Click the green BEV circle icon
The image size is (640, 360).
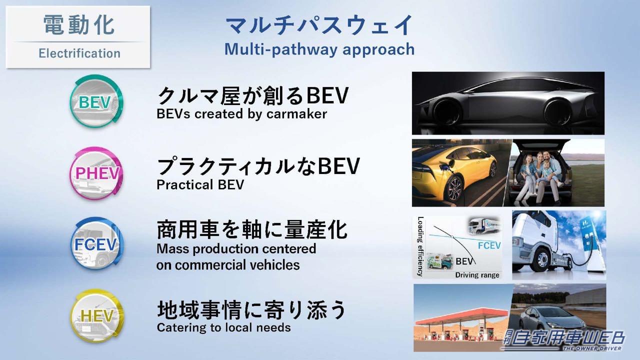tap(95, 102)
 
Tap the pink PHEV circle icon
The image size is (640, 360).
tap(96, 172)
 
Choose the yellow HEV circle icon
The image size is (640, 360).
tap(96, 315)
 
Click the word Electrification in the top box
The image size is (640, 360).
tap(79, 53)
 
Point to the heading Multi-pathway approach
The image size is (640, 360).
tap(319, 49)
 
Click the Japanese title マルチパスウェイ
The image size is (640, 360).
tap(319, 25)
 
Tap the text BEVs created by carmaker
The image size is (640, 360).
tap(241, 113)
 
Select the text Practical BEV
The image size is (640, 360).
tap(200, 184)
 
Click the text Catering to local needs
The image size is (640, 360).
tap(223, 327)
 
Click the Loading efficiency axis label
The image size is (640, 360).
tap(420, 246)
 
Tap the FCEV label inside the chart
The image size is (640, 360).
tap(489, 245)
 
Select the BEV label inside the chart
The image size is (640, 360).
tap(465, 261)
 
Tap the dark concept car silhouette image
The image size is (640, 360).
tap(508, 103)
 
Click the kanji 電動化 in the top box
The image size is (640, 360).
tap(79, 25)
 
